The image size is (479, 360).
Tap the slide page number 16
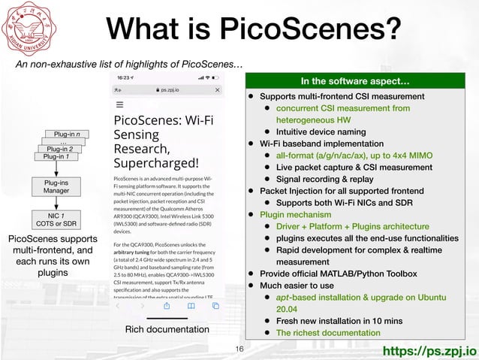pos(239,349)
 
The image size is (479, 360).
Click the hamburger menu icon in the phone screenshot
pos(119,107)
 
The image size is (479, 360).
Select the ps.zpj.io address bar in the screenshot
pos(170,89)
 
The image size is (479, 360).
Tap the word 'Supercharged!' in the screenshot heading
pos(155,162)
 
